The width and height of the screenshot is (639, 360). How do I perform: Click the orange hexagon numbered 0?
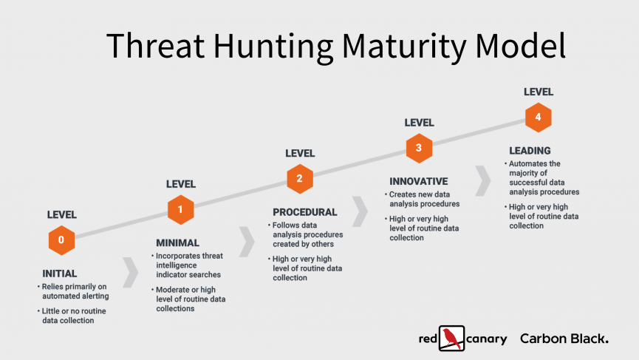coord(61,240)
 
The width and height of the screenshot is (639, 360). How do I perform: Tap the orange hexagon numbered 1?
coord(180,209)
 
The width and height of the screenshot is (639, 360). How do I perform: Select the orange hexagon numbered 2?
coord(300,179)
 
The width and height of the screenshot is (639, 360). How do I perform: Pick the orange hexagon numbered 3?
coord(419,148)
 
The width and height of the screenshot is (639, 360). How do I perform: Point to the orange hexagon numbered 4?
coord(539,118)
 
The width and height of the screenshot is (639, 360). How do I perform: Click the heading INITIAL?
coord(60,274)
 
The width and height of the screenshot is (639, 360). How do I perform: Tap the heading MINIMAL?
coord(178,243)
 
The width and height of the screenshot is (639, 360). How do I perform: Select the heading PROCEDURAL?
coord(305,212)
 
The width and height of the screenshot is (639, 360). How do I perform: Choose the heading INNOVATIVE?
coord(419,181)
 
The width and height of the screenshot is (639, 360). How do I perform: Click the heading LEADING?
coord(530,151)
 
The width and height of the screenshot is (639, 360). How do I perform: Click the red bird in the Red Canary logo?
coord(451,338)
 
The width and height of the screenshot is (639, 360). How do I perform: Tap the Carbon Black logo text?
coord(564,339)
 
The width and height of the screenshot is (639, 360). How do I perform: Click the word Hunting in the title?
coord(273,46)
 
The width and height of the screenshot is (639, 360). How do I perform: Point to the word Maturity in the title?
coord(404,46)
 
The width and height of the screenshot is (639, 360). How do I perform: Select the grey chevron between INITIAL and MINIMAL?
coord(131,272)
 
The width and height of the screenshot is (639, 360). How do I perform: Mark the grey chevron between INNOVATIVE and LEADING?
coord(483,180)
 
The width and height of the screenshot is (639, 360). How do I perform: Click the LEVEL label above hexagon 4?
coord(539,92)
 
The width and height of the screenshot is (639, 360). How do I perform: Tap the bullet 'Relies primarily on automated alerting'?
coord(74,291)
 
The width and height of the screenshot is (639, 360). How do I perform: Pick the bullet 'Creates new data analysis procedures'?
coord(423,199)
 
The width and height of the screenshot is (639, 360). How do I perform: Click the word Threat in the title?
coord(155,45)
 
